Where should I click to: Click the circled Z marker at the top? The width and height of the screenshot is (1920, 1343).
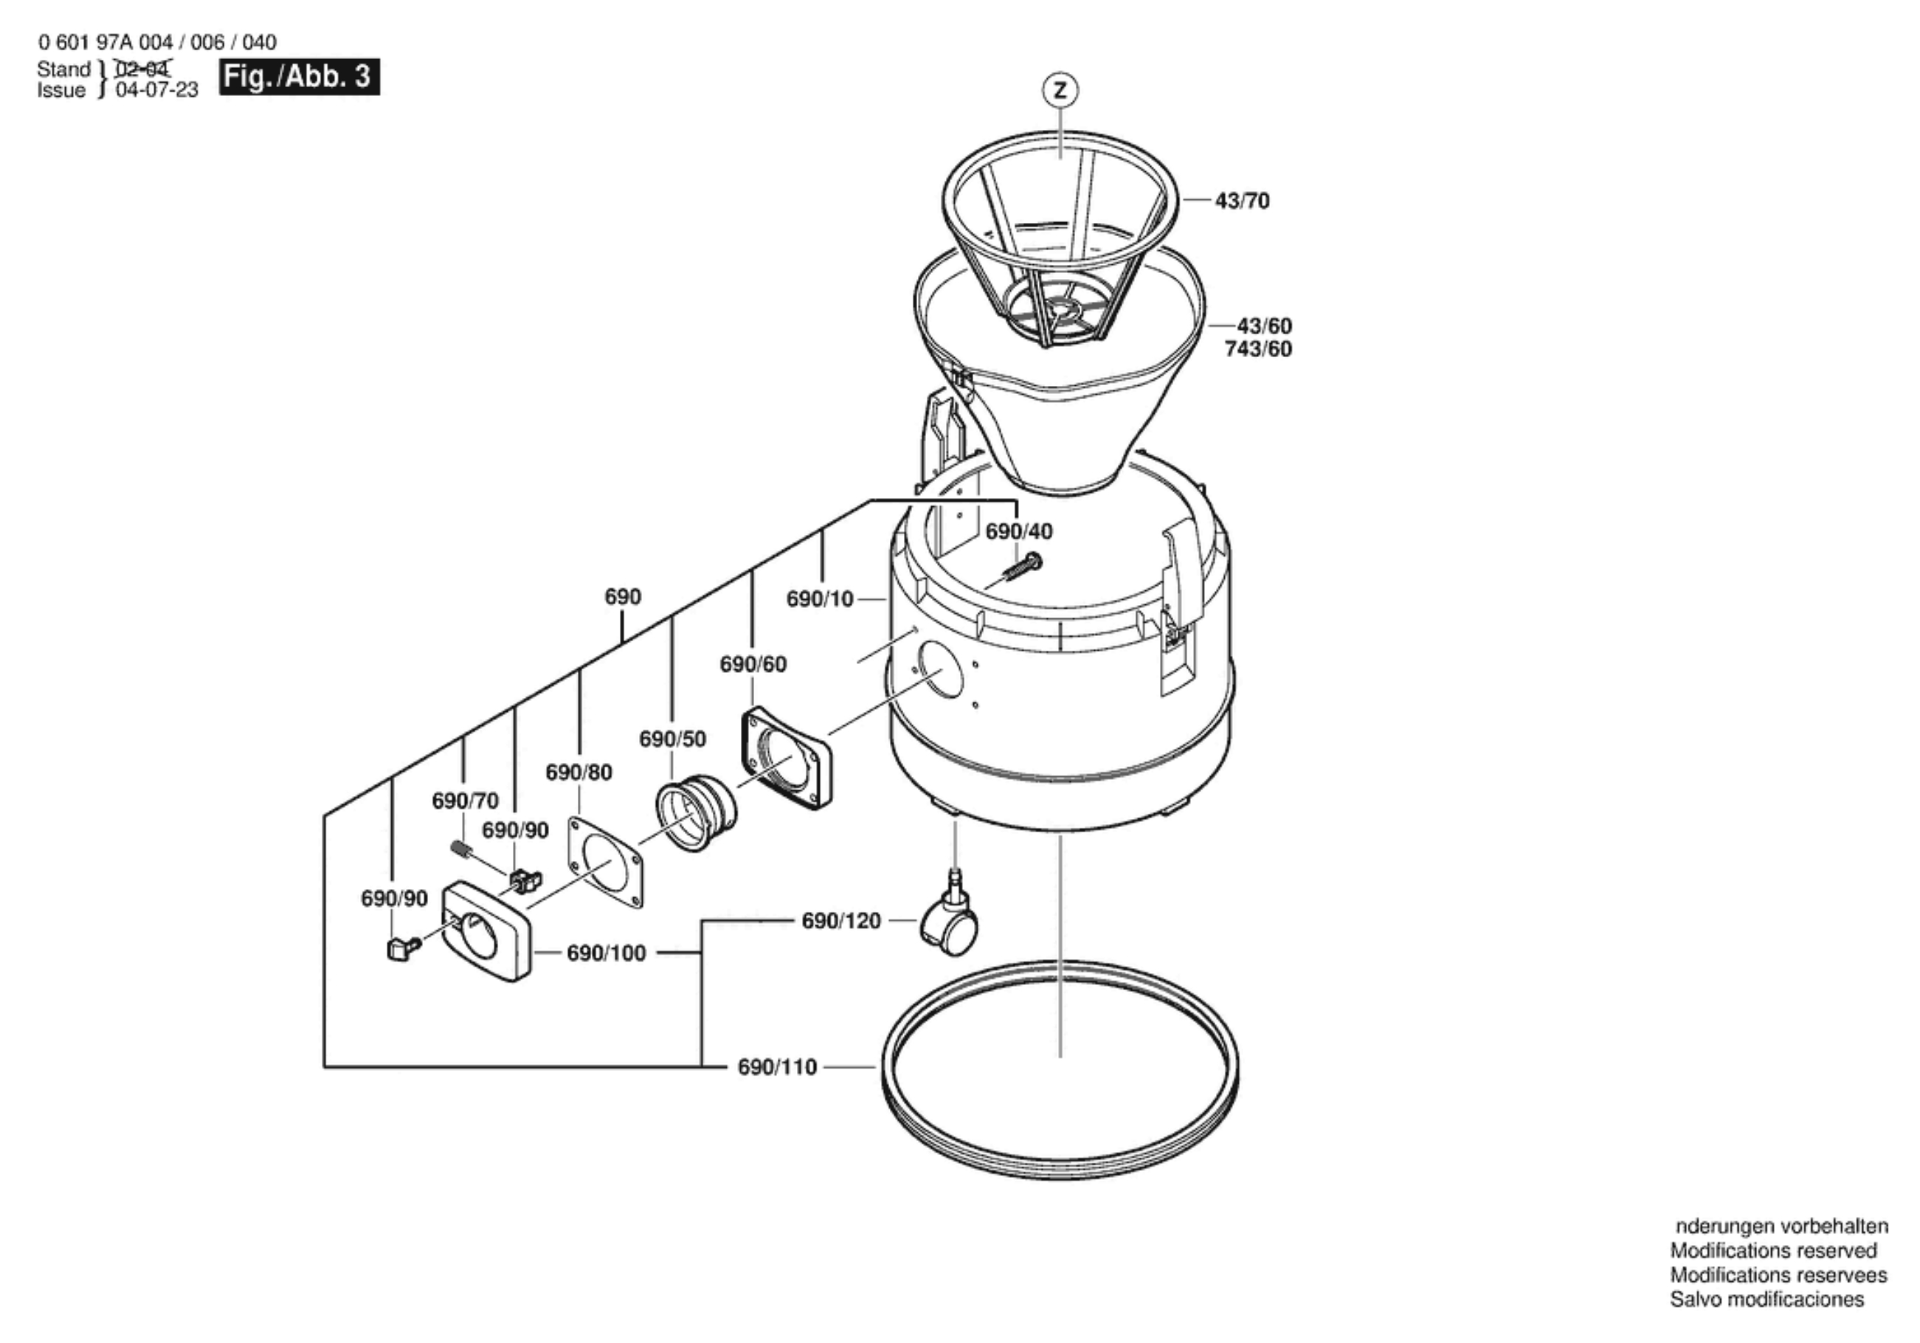click(1060, 90)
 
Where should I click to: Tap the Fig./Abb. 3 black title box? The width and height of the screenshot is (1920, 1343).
click(300, 77)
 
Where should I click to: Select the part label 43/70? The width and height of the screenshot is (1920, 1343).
click(1242, 201)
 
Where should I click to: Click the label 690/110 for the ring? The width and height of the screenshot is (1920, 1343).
click(777, 1067)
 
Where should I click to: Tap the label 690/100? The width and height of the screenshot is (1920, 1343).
click(607, 953)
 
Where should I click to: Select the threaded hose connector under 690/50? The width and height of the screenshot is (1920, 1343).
click(696, 816)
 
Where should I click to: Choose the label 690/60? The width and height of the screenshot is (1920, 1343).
click(753, 664)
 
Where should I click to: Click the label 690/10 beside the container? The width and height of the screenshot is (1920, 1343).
click(820, 598)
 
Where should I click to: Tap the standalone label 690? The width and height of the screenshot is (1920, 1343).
click(623, 596)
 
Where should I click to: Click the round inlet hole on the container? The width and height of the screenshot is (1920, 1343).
click(940, 670)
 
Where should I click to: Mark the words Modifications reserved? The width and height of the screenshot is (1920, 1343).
click(1774, 1250)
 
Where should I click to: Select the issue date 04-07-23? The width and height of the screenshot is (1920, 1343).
click(157, 89)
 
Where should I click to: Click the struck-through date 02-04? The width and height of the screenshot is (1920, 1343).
click(142, 69)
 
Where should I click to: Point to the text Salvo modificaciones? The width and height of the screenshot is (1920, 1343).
click(1767, 1299)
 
